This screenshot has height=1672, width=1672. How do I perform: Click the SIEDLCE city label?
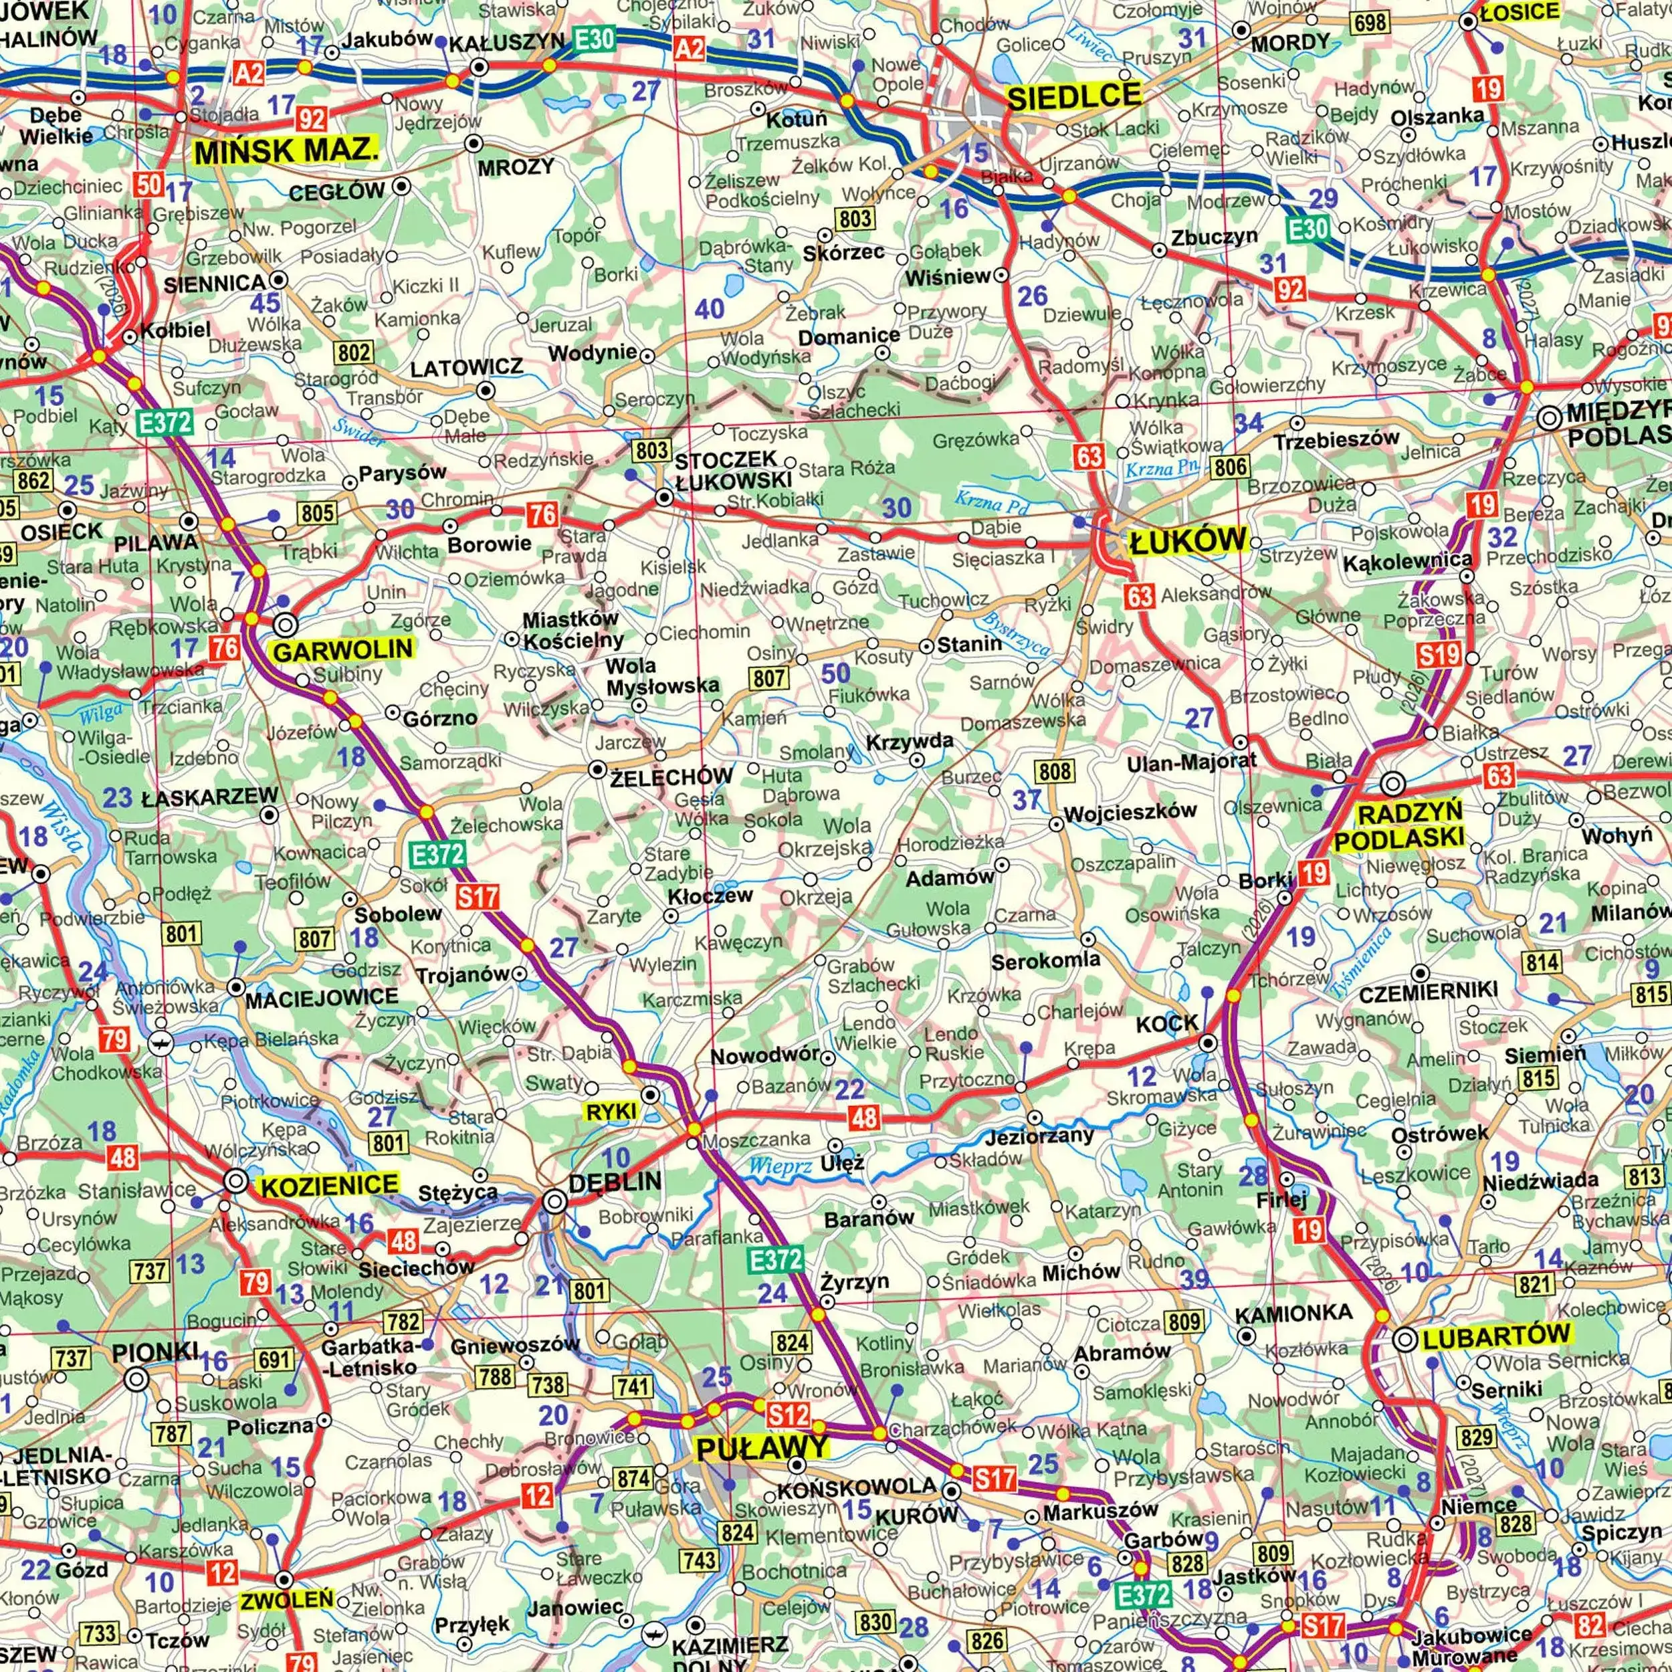1074,96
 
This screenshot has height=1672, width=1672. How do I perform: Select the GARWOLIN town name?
342,650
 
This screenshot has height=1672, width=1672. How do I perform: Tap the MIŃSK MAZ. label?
285,151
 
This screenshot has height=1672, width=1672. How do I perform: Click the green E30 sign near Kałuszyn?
594,38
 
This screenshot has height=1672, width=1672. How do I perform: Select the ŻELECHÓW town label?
671,777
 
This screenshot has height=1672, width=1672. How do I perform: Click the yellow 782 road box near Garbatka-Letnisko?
404,1322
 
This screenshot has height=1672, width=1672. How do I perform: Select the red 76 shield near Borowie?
542,515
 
